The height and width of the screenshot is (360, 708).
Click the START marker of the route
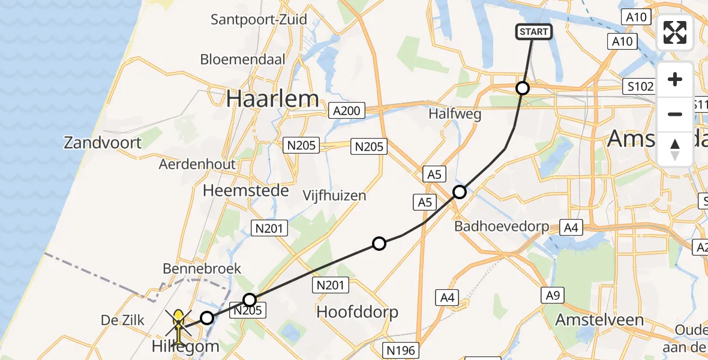tap(533, 32)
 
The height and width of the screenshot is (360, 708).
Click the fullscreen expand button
tap(675, 32)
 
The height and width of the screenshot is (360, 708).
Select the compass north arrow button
tap(675, 149)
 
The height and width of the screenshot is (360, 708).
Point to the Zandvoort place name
tap(103, 143)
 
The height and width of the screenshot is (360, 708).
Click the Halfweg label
tap(455, 115)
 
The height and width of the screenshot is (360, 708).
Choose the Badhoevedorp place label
tap(502, 226)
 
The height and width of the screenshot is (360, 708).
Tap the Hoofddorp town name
tap(357, 312)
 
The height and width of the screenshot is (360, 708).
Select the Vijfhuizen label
tap(334, 196)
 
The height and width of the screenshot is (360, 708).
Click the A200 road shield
tap(347, 110)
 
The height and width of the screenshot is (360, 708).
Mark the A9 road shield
tap(553, 295)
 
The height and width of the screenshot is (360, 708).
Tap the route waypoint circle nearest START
tap(523, 88)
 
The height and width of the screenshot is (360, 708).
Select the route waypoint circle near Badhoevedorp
tap(460, 192)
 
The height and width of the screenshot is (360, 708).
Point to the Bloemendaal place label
tap(243, 59)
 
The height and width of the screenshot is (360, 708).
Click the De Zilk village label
tap(123, 320)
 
